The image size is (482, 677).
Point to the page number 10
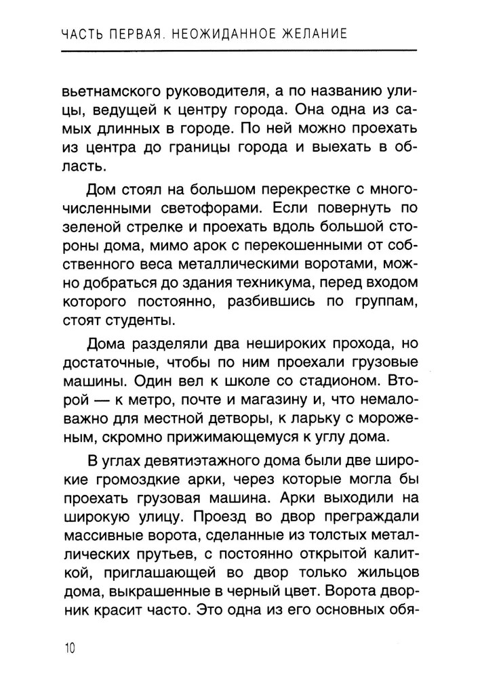tap(69, 648)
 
